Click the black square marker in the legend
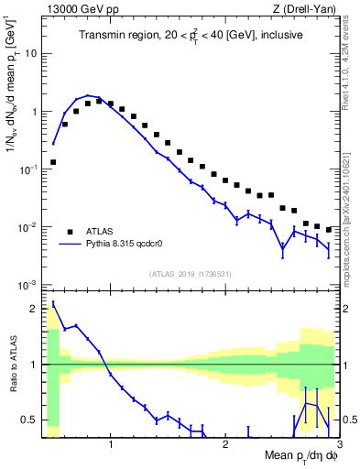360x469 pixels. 71,231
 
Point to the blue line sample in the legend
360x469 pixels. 71,245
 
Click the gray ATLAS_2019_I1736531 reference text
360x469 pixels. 191,274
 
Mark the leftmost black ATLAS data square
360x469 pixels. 53,162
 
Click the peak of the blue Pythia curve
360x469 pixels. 89,95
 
